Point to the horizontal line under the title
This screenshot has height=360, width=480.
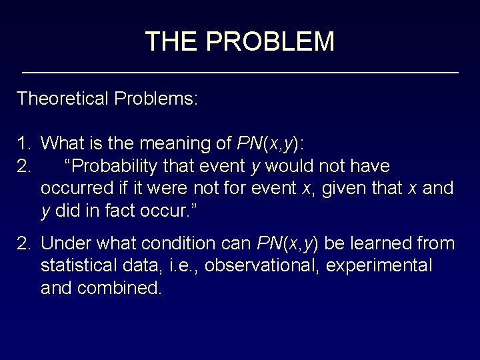pyautogui.click(x=240, y=71)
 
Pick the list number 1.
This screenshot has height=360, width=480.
pyautogui.click(x=23, y=143)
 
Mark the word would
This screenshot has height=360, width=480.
pyautogui.click(x=292, y=165)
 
